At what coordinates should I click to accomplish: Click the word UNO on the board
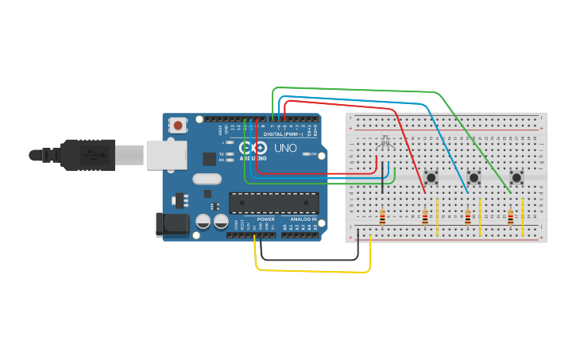point(285,149)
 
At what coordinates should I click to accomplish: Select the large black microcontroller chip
point(273,203)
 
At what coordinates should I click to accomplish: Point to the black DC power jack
point(172,224)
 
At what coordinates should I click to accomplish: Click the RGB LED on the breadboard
point(385,144)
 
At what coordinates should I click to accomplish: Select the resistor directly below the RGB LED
point(383,217)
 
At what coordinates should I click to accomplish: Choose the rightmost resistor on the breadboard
point(510,217)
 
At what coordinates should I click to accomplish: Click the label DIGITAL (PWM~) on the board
point(281,134)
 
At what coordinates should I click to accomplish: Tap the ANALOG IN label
point(302,219)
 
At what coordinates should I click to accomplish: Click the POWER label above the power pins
point(266,219)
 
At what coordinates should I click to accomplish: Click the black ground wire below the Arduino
point(310,259)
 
